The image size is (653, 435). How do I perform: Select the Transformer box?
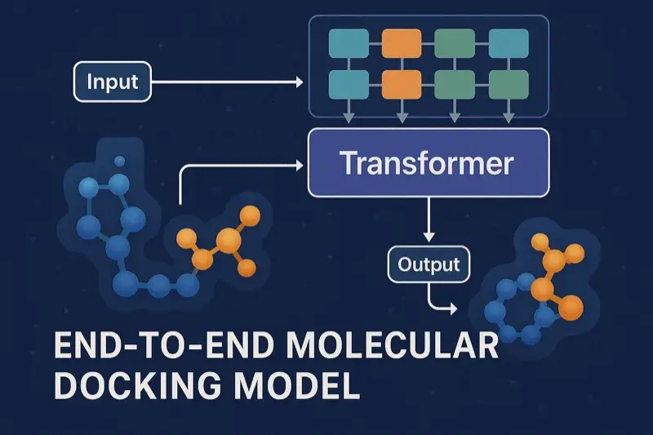(x=428, y=163)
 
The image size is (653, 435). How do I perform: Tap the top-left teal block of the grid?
(x=347, y=42)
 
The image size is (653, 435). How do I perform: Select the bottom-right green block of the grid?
(x=507, y=82)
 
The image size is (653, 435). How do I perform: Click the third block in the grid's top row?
(x=454, y=42)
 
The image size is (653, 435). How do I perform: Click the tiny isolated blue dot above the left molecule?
(x=120, y=161)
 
